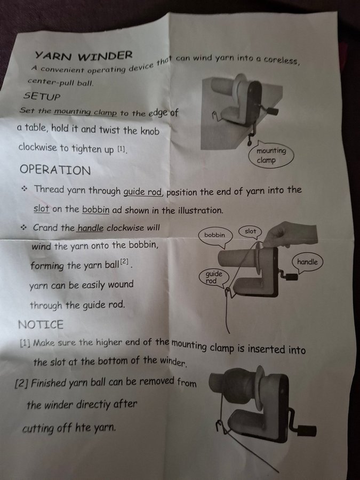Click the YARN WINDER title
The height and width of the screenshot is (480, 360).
click(84, 55)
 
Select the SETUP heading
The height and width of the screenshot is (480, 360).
click(42, 96)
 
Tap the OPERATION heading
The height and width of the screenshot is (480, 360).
click(55, 170)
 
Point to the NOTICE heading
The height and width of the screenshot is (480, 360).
click(41, 324)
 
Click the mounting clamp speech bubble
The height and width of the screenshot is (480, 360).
click(271, 155)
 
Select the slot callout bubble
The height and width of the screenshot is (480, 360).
click(251, 232)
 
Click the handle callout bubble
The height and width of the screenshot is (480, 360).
click(307, 262)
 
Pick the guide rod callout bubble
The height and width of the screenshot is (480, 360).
click(213, 277)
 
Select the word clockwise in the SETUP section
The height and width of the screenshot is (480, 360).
click(37, 147)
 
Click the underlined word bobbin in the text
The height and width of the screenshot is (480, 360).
click(96, 210)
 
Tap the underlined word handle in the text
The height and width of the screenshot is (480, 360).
click(90, 228)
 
